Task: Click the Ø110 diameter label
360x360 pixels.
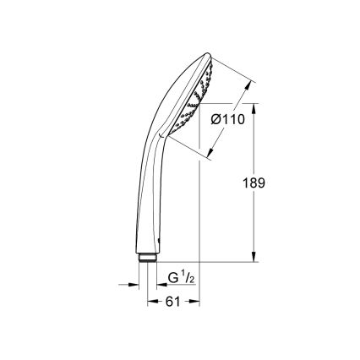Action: pyautogui.click(x=227, y=120)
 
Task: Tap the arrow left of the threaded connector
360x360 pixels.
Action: pyautogui.click(x=138, y=284)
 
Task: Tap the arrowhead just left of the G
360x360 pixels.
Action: pyautogui.click(x=162, y=284)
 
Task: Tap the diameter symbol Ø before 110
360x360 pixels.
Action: pyautogui.click(x=215, y=120)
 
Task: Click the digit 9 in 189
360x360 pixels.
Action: pyautogui.click(x=264, y=182)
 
